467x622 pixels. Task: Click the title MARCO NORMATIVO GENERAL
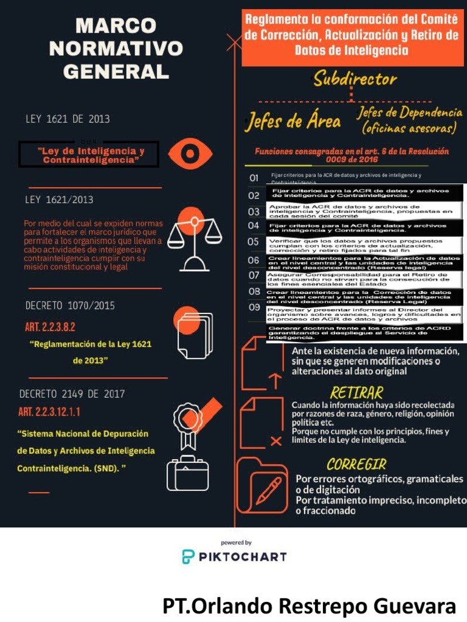pos(115,49)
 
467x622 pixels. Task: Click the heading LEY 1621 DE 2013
pos(67,119)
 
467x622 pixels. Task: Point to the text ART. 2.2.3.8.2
pos(50,327)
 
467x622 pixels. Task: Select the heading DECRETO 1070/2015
pos(70,306)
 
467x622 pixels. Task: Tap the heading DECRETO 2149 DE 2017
pos(72,394)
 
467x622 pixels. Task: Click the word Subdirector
pos(355,79)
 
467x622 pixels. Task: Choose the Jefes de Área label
pos(293,121)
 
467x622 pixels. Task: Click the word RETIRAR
pos(356,392)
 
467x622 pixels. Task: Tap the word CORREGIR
pos(356,465)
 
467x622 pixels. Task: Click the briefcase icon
pos(187,473)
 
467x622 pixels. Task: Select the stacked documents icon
pos(195,338)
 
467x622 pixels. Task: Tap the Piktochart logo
pos(234,555)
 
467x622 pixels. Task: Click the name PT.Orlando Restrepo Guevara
pos(309,606)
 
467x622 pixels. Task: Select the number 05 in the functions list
pos(254,242)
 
